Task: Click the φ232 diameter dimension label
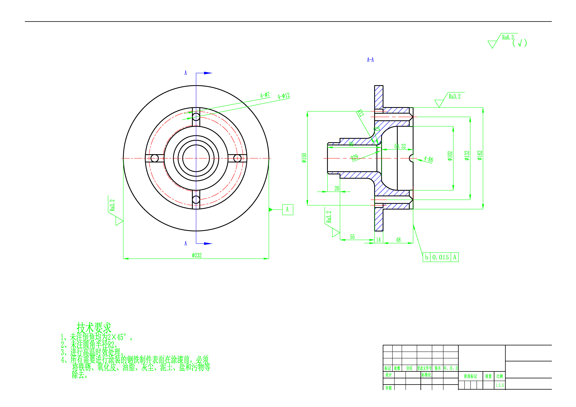tap(197, 255)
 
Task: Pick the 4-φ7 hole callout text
tap(265, 95)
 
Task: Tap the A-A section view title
tap(370, 60)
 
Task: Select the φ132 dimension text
tap(467, 155)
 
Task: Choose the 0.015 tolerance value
tap(441, 257)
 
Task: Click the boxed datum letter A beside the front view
tap(287, 209)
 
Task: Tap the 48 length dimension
tap(398, 240)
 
